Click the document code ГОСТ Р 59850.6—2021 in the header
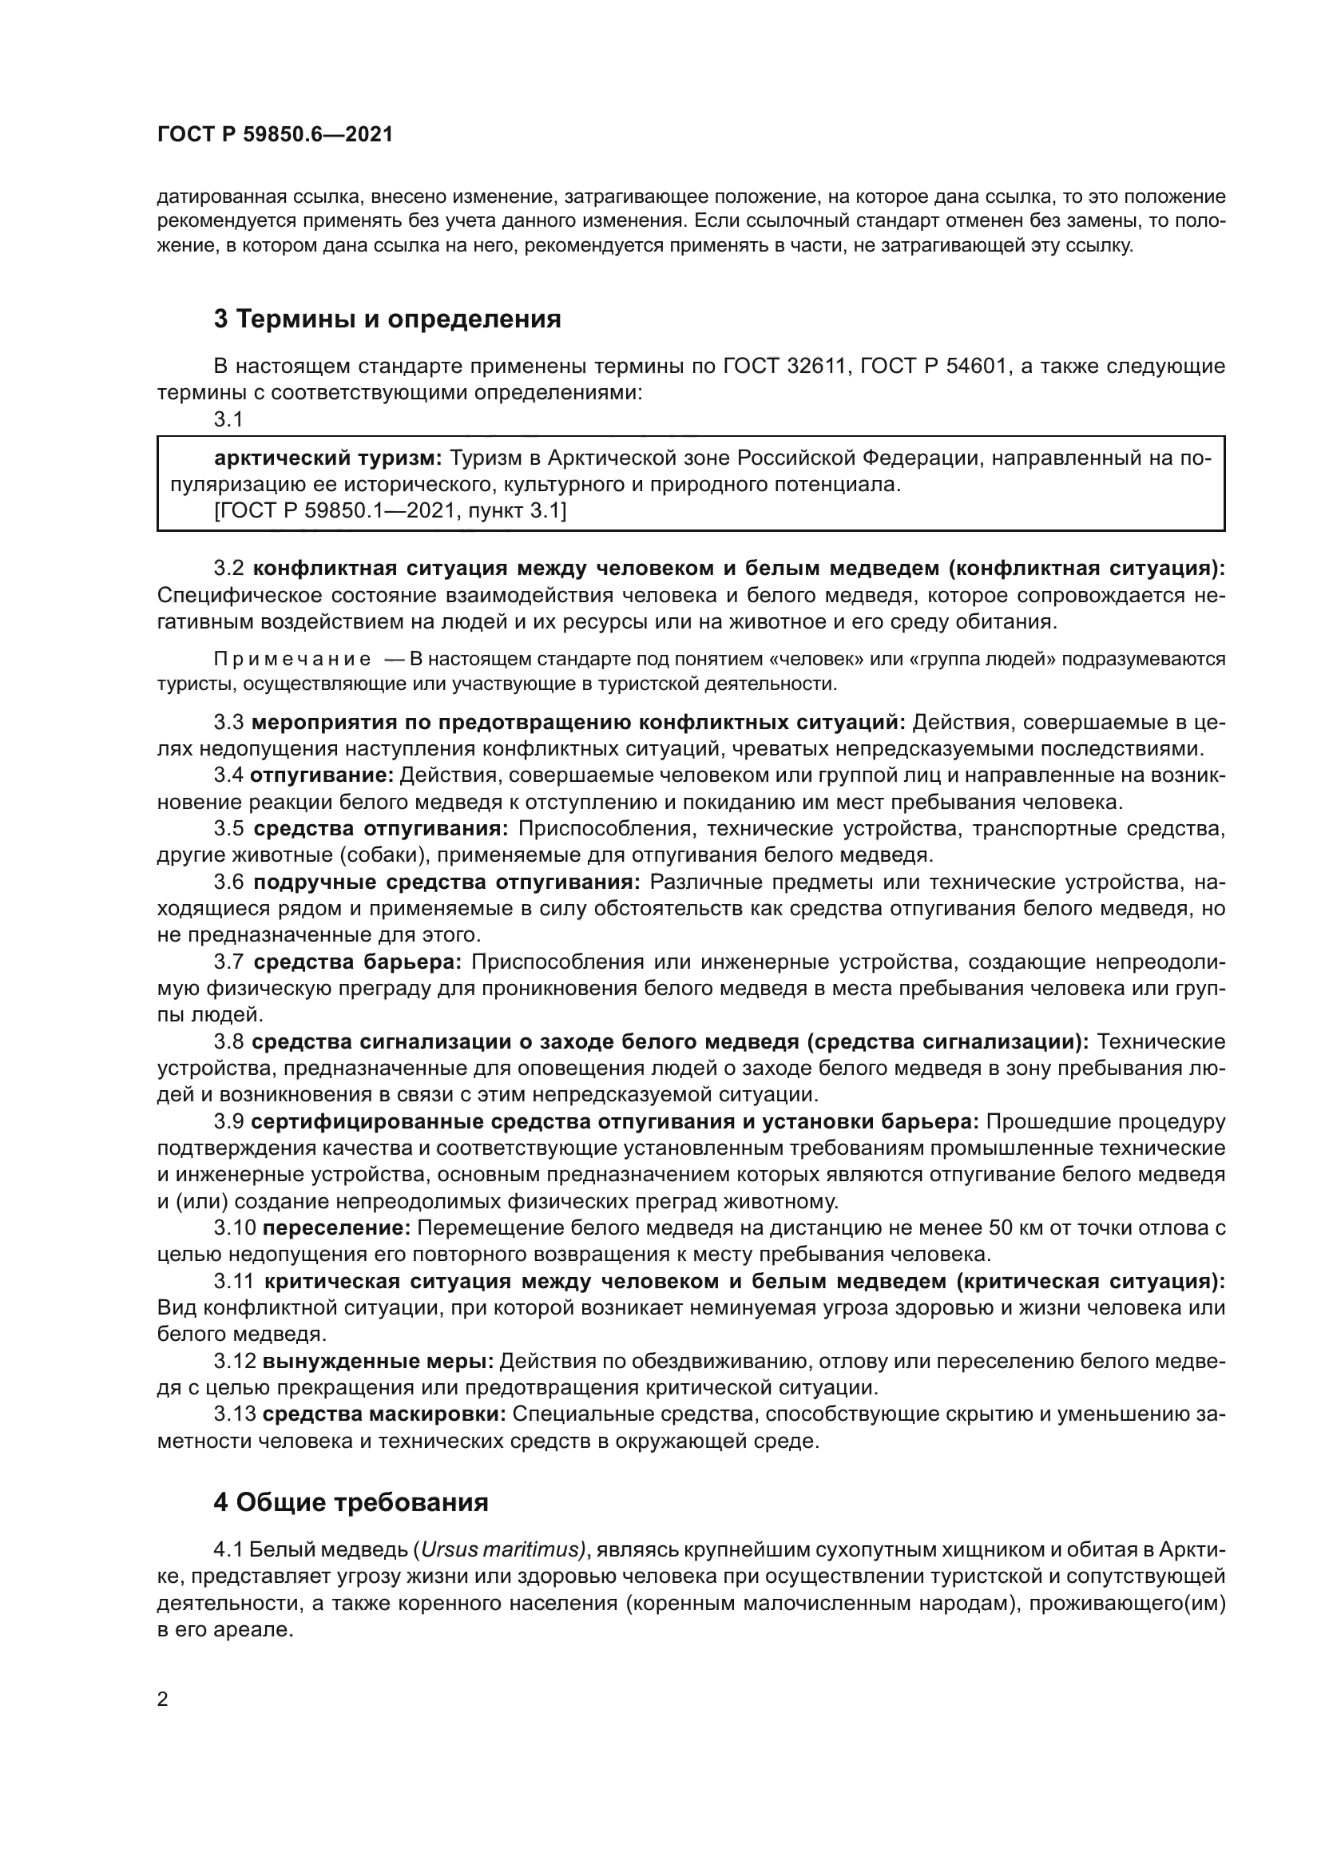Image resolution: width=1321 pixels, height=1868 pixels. pyautogui.click(x=274, y=135)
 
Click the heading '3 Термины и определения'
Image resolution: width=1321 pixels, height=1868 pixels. pyautogui.click(x=387, y=319)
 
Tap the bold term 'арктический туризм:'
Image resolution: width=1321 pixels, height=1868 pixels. pyautogui.click(x=327, y=458)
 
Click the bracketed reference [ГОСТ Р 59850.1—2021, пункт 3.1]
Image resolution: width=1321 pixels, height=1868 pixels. pyautogui.click(x=391, y=510)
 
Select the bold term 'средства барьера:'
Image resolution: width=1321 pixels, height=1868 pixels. pyautogui.click(x=357, y=962)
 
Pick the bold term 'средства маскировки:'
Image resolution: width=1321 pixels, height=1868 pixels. pyautogui.click(x=385, y=1414)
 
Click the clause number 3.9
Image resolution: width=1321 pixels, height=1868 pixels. pyautogui.click(x=228, y=1121)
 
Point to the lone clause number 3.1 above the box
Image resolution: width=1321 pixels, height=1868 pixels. pyautogui.click(x=227, y=420)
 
